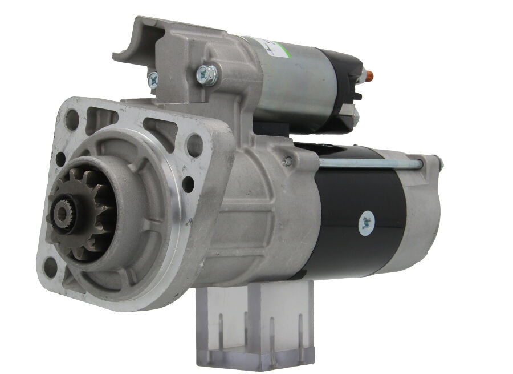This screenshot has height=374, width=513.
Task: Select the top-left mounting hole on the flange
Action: (x=72, y=119)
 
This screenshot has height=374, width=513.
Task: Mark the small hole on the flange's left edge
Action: (x=60, y=159)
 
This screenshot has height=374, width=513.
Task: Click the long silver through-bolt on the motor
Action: (x=370, y=164)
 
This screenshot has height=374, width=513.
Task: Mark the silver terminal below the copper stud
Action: (x=353, y=117)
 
